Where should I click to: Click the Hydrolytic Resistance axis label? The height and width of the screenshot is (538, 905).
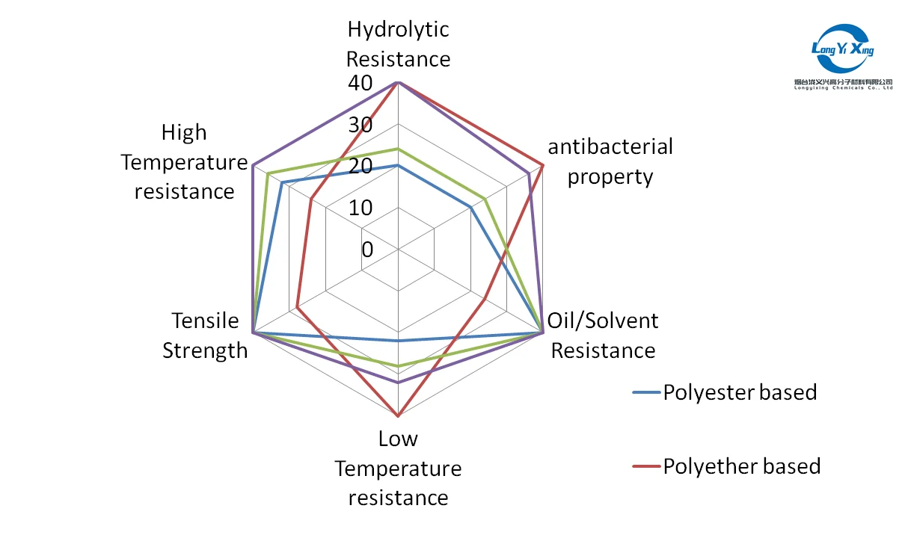pyautogui.click(x=399, y=44)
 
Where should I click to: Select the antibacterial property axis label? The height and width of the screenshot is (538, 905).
pyautogui.click(x=610, y=161)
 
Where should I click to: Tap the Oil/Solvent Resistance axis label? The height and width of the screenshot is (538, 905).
pyautogui.click(x=603, y=336)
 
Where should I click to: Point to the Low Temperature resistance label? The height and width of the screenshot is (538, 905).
pyautogui.click(x=398, y=469)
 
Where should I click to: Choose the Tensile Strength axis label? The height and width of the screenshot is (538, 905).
pyautogui.click(x=205, y=336)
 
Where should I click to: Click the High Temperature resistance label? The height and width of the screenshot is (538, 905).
pyautogui.click(x=184, y=162)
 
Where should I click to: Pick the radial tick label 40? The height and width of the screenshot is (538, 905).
pyautogui.click(x=360, y=84)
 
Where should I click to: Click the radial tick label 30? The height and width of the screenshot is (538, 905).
pyautogui.click(x=360, y=125)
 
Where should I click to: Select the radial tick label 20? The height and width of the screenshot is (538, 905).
pyautogui.click(x=360, y=167)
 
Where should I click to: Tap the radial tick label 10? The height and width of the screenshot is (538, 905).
pyautogui.click(x=360, y=208)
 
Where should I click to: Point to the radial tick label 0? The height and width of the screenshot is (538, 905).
pyautogui.click(x=366, y=250)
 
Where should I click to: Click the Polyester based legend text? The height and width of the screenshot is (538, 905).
pyautogui.click(x=740, y=392)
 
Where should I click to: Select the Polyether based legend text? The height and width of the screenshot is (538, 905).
pyautogui.click(x=741, y=466)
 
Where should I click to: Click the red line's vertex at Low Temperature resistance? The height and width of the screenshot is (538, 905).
pyautogui.click(x=398, y=415)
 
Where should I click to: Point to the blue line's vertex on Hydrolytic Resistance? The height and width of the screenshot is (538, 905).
pyautogui.click(x=398, y=165)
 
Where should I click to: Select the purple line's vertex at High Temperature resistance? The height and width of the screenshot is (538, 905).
pyautogui.click(x=254, y=164)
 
